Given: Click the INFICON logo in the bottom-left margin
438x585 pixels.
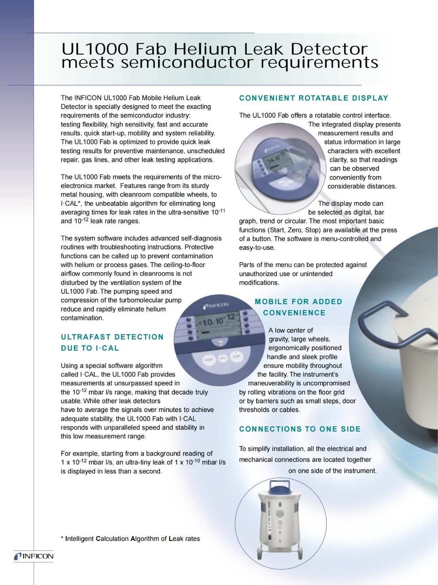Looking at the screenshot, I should coord(34,556).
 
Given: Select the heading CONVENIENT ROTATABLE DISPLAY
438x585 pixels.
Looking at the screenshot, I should coord(314,98).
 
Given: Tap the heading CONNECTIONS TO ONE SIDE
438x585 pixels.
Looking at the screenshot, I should coord(300,429).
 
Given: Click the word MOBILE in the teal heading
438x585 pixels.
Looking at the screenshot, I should coord(271,302).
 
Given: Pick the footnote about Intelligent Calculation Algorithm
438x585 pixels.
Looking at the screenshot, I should coord(130,539).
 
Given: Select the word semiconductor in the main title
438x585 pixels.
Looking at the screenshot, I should coord(187,63).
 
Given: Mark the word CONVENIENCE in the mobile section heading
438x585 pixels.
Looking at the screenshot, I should coord(294,313).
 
